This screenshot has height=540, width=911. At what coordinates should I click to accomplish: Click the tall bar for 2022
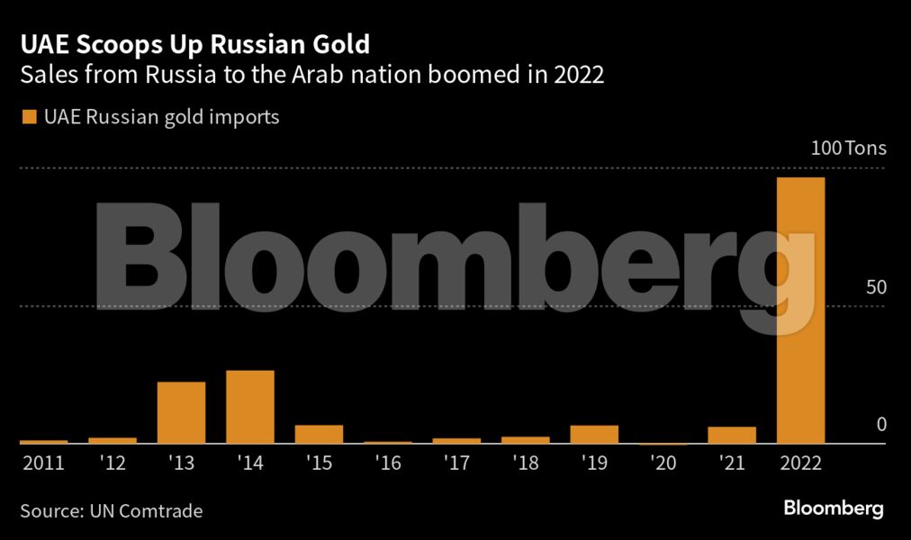pyautogui.click(x=800, y=310)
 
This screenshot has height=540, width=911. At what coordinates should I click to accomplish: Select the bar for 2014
pyautogui.click(x=250, y=407)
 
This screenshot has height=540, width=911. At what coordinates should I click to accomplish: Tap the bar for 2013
pyautogui.click(x=181, y=412)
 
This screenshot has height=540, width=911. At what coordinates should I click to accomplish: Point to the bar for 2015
pyautogui.click(x=319, y=434)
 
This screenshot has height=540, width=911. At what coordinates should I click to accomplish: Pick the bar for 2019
pyautogui.click(x=594, y=434)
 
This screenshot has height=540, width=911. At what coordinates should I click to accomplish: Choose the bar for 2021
pyautogui.click(x=732, y=435)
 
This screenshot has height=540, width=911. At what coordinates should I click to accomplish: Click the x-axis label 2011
pyautogui.click(x=42, y=463)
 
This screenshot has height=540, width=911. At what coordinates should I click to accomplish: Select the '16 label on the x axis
pyautogui.click(x=388, y=463)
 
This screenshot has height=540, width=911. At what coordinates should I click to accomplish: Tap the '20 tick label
pyautogui.click(x=663, y=463)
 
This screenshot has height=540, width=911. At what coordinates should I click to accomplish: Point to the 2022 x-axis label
pyautogui.click(x=800, y=463)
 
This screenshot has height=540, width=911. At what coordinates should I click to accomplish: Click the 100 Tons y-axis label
pyautogui.click(x=849, y=148)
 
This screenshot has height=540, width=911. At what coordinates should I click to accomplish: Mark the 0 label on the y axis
pyautogui.click(x=882, y=424)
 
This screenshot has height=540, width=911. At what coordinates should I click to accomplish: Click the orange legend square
pyautogui.click(x=26, y=117)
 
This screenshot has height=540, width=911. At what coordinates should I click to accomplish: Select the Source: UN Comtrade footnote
pyautogui.click(x=112, y=511)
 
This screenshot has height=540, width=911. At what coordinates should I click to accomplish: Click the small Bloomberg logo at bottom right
pyautogui.click(x=834, y=508)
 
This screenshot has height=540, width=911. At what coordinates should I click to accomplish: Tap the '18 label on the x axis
pyautogui.click(x=526, y=463)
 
